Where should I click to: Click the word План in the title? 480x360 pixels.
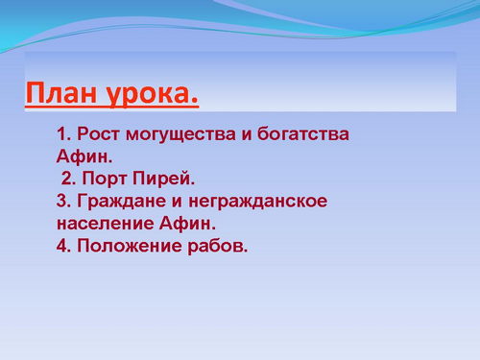pos(60,92)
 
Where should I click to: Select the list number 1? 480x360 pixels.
pos(63,134)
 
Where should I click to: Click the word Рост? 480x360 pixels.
pos(98,134)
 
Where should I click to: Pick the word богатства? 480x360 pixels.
pos(302,133)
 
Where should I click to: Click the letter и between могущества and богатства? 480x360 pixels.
pos(247,135)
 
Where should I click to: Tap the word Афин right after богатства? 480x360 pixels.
pos(84,156)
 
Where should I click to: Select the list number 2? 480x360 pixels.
pos(68,179)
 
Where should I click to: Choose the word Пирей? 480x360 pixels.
pos(163,179)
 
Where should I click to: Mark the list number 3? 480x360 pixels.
pos(63,202)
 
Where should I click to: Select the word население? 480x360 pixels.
pos(106,224)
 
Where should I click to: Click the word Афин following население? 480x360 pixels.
pos(187,223)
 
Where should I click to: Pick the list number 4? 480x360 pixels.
pos(63,246)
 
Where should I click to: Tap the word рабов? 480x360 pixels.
pos(218,247)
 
